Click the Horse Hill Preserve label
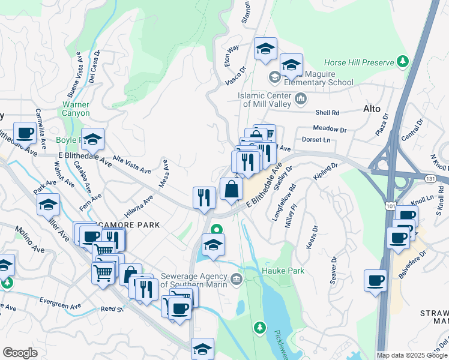[358, 62]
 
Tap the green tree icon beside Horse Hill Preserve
[403, 62]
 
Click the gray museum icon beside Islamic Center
[301, 98]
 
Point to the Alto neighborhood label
[372, 109]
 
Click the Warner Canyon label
[76, 109]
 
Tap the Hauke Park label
[283, 271]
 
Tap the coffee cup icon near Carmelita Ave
[25, 133]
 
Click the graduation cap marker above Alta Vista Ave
[92, 139]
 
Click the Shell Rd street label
[328, 112]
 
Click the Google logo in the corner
[20, 352]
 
